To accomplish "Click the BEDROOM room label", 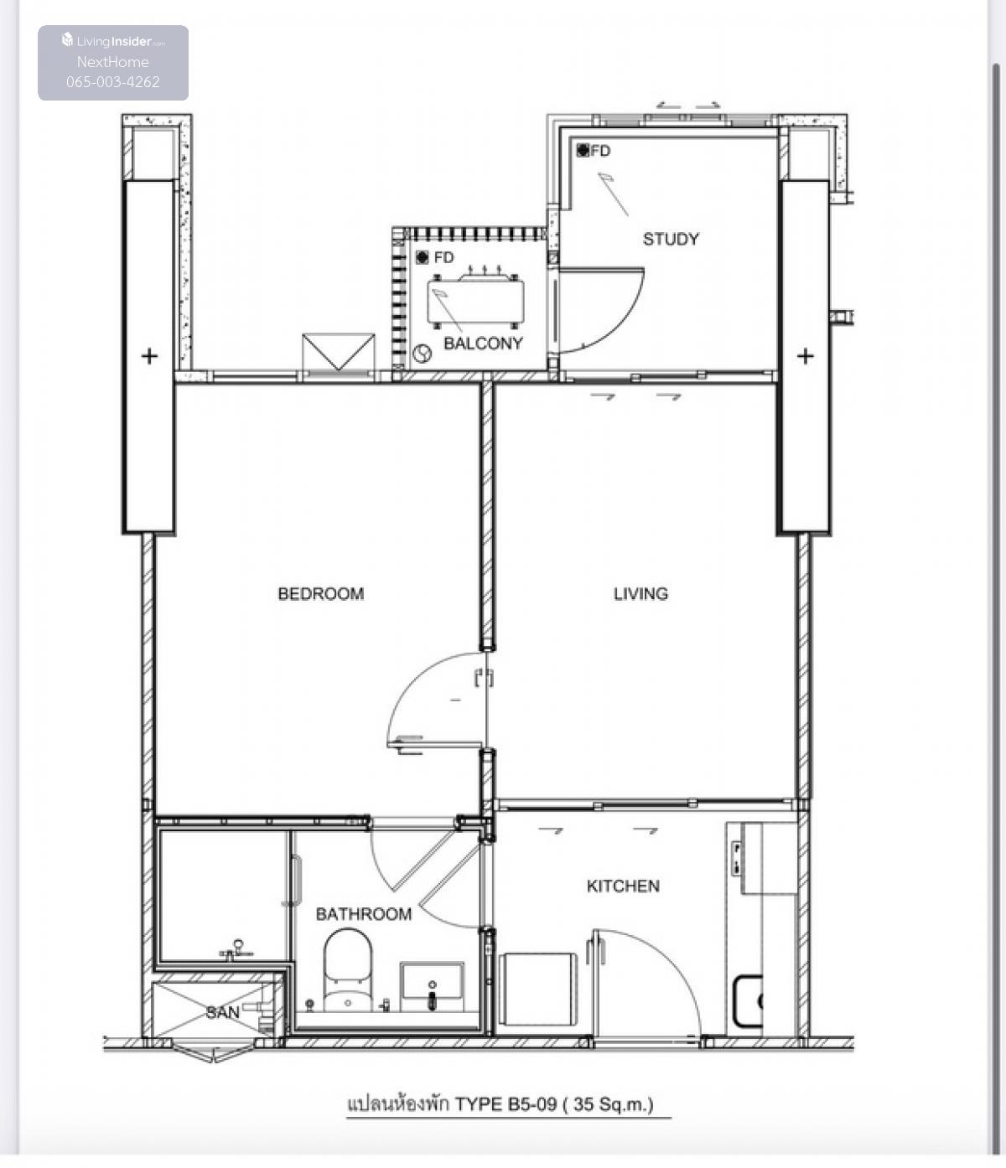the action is pos(320,593).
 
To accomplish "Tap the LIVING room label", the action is pos(640,593).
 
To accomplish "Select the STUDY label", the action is pos(671,239).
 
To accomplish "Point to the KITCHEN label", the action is pos(623,886).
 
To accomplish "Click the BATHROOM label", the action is pos(364,914).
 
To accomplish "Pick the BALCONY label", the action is pos(483,343).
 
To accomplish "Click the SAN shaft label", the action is pos(222,1012).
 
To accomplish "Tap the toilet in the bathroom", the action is pos(348,971).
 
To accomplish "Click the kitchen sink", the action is pos(748,1001).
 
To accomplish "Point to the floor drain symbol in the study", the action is pos(583,150).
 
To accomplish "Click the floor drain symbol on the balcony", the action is pos(422,258).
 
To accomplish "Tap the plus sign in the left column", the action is pos(149,356).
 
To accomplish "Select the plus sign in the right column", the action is pos(806,356).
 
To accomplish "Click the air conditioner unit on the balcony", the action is pos(475,299).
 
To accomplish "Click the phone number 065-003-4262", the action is pos(113,82).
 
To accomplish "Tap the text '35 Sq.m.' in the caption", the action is pos(610,1104).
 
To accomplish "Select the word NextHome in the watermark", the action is pos(113,62).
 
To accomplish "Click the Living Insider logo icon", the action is pos(67,39).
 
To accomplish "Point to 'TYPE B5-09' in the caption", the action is pos(506,1104).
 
